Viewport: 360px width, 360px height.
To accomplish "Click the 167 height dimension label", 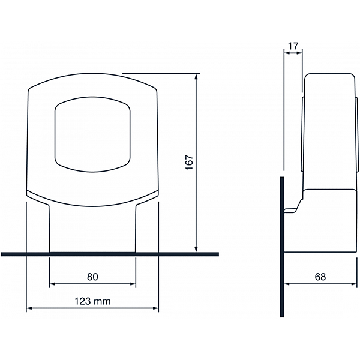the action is (190, 163).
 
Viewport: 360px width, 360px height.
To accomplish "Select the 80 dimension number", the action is (92, 277).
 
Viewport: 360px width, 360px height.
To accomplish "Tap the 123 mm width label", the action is (92, 301).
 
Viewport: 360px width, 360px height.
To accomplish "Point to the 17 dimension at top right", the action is (293, 46).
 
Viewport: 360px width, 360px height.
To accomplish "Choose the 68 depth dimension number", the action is (320, 277).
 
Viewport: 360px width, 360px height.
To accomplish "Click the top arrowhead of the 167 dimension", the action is (196, 76).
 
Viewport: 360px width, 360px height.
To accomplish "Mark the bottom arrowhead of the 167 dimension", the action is (196, 249).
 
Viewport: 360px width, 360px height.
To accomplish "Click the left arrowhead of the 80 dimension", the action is (53, 284).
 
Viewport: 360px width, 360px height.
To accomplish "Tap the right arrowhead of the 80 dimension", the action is (133, 284).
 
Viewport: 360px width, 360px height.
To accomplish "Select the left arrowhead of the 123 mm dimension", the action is (29, 308).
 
